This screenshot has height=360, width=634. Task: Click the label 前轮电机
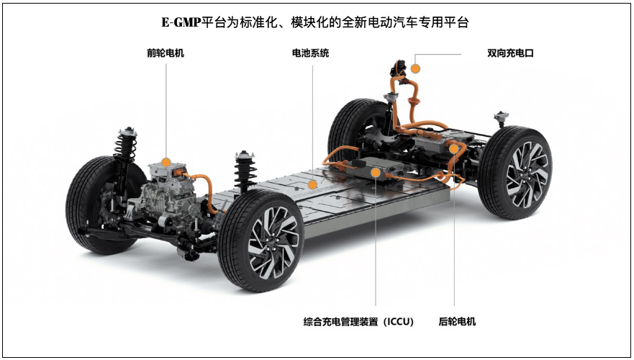[165, 53]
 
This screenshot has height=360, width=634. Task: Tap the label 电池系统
[311, 53]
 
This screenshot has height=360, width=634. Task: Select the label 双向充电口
[510, 53]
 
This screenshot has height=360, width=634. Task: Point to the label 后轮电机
[457, 322]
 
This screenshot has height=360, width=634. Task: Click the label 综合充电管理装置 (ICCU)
[358, 322]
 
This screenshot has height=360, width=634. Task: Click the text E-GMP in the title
[181, 22]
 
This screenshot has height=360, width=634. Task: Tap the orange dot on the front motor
[166, 163]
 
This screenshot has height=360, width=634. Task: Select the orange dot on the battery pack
[312, 185]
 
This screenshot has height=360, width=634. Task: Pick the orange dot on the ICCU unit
[376, 173]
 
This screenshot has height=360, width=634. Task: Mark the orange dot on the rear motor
[453, 149]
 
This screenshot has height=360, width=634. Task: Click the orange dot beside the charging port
[415, 68]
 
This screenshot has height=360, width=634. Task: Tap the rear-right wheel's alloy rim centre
[527, 174]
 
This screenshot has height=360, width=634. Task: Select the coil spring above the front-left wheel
[125, 146]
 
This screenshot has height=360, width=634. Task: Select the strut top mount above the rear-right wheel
[502, 117]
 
